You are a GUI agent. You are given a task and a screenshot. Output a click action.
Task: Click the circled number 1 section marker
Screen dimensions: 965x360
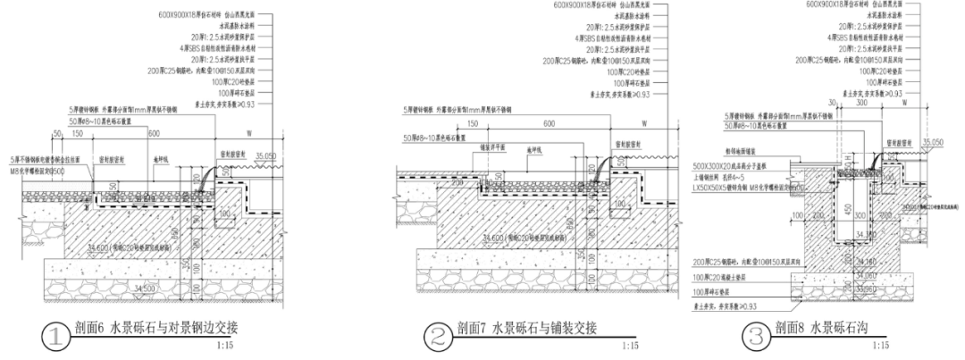[56, 336]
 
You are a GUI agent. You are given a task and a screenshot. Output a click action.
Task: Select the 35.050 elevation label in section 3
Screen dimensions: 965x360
[933, 142]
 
